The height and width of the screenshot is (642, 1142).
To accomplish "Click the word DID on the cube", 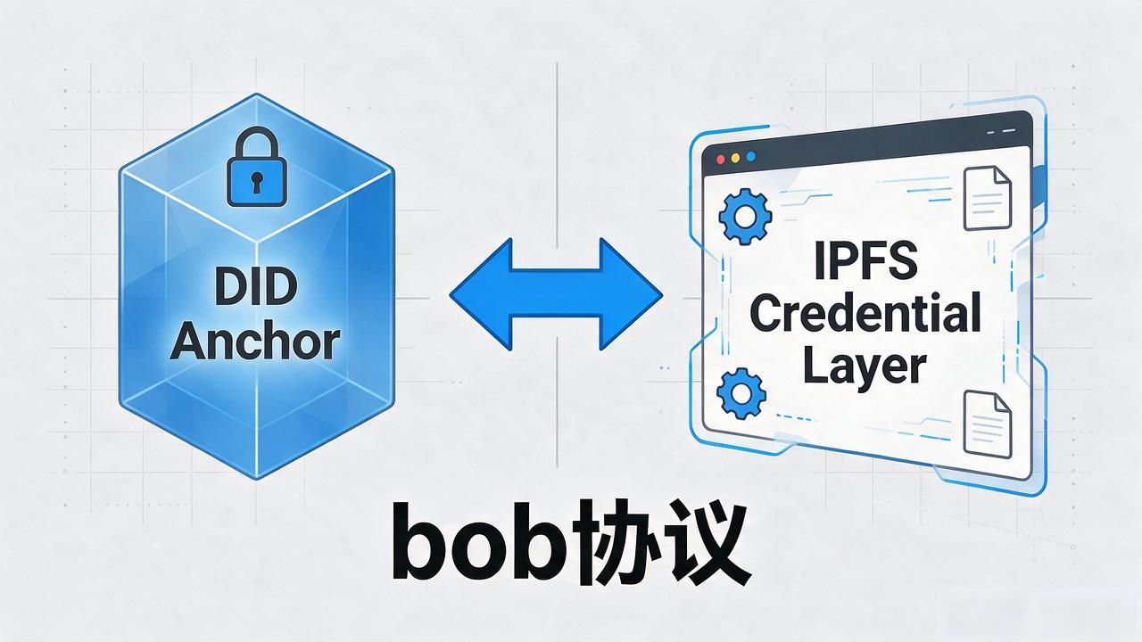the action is coord(255,286).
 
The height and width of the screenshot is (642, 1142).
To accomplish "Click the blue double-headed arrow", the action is coord(556,294).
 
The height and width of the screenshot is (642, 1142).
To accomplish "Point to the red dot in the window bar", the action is coord(720,160).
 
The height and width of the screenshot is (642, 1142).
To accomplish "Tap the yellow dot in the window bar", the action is coord(735,158).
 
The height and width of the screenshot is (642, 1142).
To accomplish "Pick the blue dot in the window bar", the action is coord(750,156).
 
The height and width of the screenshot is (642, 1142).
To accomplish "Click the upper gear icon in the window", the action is coord(745,217).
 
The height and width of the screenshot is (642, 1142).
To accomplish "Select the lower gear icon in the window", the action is coord(741,393).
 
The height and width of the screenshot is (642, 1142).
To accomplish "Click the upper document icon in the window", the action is coord(987,198).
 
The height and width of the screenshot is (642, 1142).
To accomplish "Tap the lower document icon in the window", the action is coord(988,424).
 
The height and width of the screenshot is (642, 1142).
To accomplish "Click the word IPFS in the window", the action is coord(865,261).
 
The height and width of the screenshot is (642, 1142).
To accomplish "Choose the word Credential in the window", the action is coord(865,312).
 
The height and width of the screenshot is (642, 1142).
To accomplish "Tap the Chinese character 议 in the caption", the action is coord(706,543).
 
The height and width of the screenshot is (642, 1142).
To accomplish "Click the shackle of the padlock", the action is coord(256,144).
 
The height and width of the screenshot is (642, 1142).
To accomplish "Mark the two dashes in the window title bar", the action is coord(1001,131).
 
